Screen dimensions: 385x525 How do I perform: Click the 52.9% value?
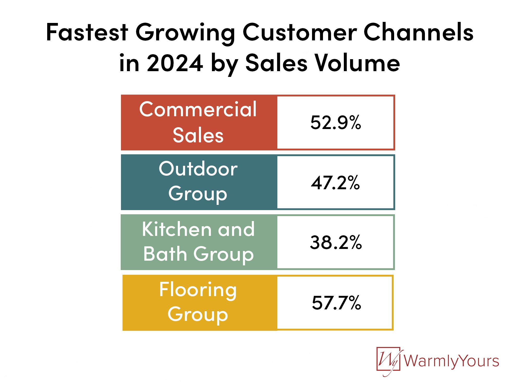335,122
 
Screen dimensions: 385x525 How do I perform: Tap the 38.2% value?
336,242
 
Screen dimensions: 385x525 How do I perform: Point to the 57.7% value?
336,303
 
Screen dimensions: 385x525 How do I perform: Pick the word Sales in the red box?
198,135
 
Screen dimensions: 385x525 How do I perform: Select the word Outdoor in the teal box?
198,169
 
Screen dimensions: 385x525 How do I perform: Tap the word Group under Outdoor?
198,194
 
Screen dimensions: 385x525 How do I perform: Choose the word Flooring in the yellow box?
198,290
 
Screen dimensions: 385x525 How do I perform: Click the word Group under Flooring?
198,315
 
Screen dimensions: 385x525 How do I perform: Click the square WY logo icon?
388,361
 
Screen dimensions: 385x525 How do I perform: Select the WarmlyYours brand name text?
451,361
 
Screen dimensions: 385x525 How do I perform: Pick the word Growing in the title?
185,33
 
